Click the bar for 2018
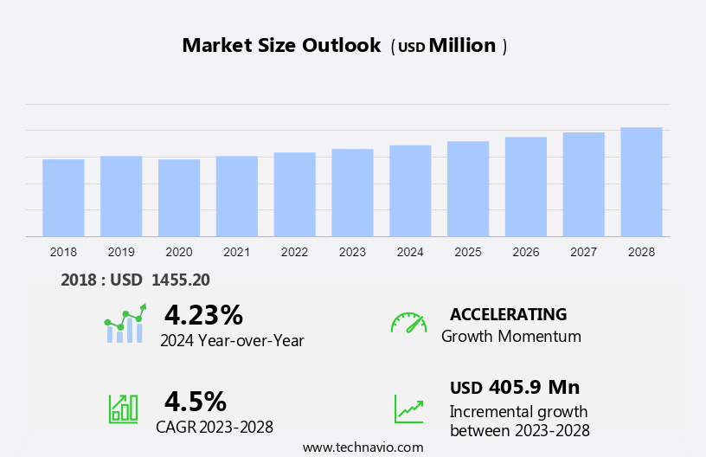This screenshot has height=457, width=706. pos(63,197)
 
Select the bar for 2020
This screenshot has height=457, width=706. pos(179,197)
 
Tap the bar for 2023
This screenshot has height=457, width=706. pos(352,192)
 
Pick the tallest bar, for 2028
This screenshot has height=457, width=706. pos(641,182)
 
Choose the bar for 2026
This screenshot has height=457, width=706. pos(526,186)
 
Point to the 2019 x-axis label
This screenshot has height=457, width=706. pos(121,252)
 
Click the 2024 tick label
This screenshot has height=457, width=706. pos(410,252)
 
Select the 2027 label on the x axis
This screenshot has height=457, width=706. pos(584,252)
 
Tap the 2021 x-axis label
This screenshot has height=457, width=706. pos(237,252)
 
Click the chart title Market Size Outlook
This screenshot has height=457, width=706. pos(281,46)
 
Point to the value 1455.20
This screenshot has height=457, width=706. pos(180,280)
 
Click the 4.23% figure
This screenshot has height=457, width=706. pos(203,314)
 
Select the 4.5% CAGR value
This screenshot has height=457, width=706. pos(196,401)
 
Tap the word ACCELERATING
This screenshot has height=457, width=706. pos(508,314)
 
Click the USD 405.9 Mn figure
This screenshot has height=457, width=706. pos(515,387)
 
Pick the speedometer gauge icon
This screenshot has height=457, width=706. pos(408,323)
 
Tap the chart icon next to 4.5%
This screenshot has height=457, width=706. pos(123,408)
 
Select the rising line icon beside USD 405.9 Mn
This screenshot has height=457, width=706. pos(408,409)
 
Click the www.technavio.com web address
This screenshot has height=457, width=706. pos(363,447)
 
